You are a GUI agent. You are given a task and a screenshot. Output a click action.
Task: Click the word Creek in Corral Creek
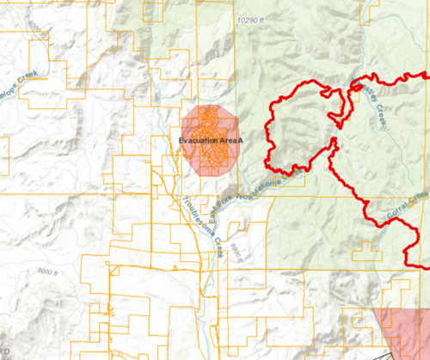pyautogui.click(x=420, y=197)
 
